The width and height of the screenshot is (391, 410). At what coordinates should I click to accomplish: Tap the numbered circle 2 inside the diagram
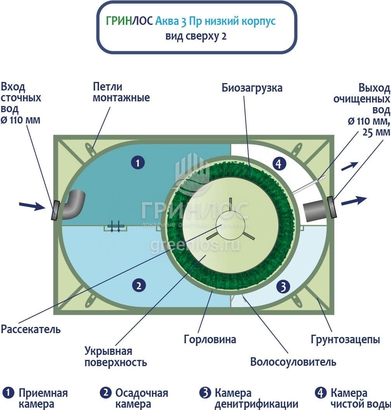tap(138, 286)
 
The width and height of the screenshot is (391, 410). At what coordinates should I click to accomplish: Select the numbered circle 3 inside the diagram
tap(283, 287)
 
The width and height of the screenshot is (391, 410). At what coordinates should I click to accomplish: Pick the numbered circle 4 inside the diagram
tap(278, 163)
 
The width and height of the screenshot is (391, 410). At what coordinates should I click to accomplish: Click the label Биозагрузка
tap(252, 88)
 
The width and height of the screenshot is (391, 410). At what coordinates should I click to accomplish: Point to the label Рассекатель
tap(31, 330)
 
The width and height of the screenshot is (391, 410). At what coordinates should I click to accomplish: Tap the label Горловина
tap(210, 340)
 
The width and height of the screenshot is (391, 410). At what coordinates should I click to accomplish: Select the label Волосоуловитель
tap(293, 363)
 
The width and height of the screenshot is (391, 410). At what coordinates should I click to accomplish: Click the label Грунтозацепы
tap(345, 340)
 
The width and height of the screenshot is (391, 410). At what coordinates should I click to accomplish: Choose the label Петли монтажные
tap(121, 92)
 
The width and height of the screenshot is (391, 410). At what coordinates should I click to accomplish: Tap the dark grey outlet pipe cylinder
tap(315, 210)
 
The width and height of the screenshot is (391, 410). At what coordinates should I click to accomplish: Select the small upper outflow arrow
tap(349, 166)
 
